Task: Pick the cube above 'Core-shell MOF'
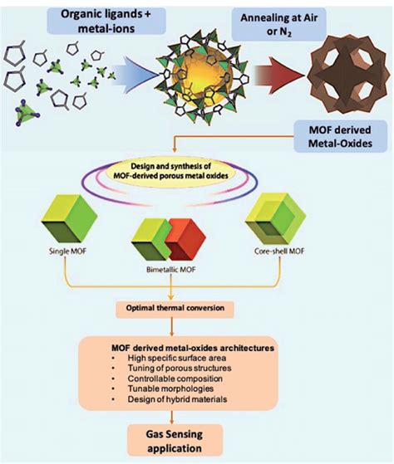[307, 225]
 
